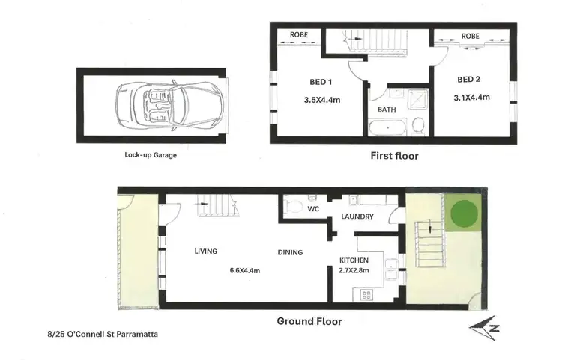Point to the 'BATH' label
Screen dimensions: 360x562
pyautogui.click(x=387, y=109)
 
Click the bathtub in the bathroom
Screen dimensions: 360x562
pyautogui.click(x=387, y=128)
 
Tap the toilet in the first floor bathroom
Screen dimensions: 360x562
pyautogui.click(x=419, y=124)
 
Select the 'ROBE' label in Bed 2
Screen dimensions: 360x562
pyautogui.click(x=471, y=36)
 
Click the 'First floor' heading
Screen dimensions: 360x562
pyautogui.click(x=394, y=156)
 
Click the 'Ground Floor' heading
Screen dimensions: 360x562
pyautogui.click(x=309, y=321)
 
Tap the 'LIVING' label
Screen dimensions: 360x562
pyautogui.click(x=206, y=251)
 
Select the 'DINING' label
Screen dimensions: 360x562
pyautogui.click(x=289, y=252)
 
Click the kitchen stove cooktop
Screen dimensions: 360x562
pyautogui.click(x=366, y=294)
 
